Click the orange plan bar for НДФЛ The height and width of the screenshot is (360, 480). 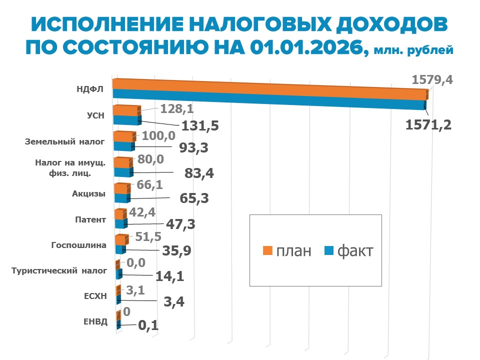coord(270,86)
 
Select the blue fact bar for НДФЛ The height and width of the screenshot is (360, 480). coord(270,100)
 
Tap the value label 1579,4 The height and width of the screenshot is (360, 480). coord(432,80)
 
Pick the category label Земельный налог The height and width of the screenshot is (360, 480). coord(65,141)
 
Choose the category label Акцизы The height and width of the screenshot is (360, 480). coord(91,193)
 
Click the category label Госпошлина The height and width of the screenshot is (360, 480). coord(79,245)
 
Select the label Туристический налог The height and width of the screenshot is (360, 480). coord(59,271)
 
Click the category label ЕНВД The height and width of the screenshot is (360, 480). coord(95,321)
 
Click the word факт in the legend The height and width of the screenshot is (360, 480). coord(355,250)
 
